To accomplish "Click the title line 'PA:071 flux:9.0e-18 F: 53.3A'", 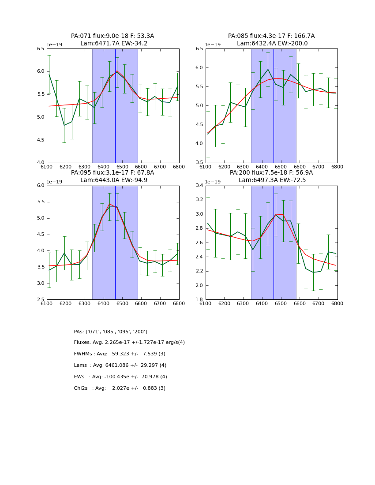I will (112, 36).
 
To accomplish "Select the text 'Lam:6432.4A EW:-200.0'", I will (272, 44).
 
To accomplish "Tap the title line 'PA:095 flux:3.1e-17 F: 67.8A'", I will (112, 173).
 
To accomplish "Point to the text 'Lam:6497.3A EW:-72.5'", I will (272, 180).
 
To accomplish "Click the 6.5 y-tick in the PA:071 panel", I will (40, 48).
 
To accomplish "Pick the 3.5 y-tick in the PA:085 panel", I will (199, 163).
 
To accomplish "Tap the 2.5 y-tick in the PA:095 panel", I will (40, 300).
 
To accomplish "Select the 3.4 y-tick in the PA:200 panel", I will (199, 186).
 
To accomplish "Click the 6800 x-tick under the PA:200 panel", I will (337, 303).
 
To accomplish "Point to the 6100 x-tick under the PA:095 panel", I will (47, 303).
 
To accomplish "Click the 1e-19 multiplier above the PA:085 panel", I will (214, 45).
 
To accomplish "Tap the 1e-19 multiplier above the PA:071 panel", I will (55, 45).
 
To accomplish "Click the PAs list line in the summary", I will (110, 332).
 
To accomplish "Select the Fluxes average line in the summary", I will (129, 343).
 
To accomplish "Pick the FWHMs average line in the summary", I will (120, 354).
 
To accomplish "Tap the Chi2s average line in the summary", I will (120, 388).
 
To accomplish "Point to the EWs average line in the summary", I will (120, 377).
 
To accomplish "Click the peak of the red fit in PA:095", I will (109, 204).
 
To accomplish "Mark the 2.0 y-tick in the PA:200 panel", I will (199, 286).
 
